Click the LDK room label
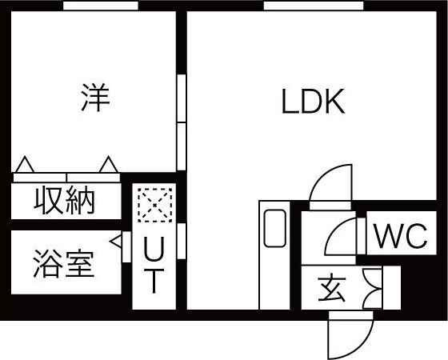pyautogui.click(x=313, y=102)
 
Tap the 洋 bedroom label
pyautogui.click(x=95, y=97)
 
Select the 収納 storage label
pyautogui.click(x=64, y=202)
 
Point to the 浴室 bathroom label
pyautogui.click(x=63, y=264)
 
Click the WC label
pyautogui.click(x=401, y=236)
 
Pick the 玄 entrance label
pyautogui.click(x=331, y=287)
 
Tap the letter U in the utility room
pyautogui.click(x=154, y=249)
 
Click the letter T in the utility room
pyautogui.click(x=154, y=281)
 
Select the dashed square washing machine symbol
pyautogui.click(x=155, y=205)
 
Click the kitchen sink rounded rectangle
pyautogui.click(x=275, y=228)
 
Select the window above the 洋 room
pyautogui.click(x=101, y=5)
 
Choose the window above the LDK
pyautogui.click(x=314, y=5)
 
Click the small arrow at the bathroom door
pyautogui.click(x=116, y=242)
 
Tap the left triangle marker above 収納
pyautogui.click(x=25, y=164)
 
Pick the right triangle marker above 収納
pyautogui.click(x=109, y=164)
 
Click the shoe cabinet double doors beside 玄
pyautogui.click(x=373, y=288)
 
